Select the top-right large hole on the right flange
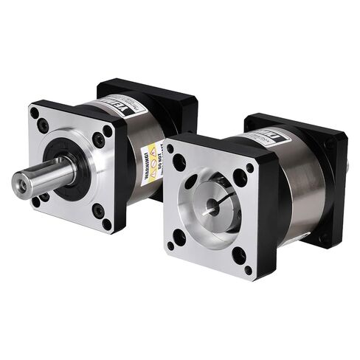[240, 178]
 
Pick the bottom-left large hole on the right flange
[178, 238]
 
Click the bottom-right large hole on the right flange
[238, 255]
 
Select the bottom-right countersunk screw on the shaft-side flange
[97, 210]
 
